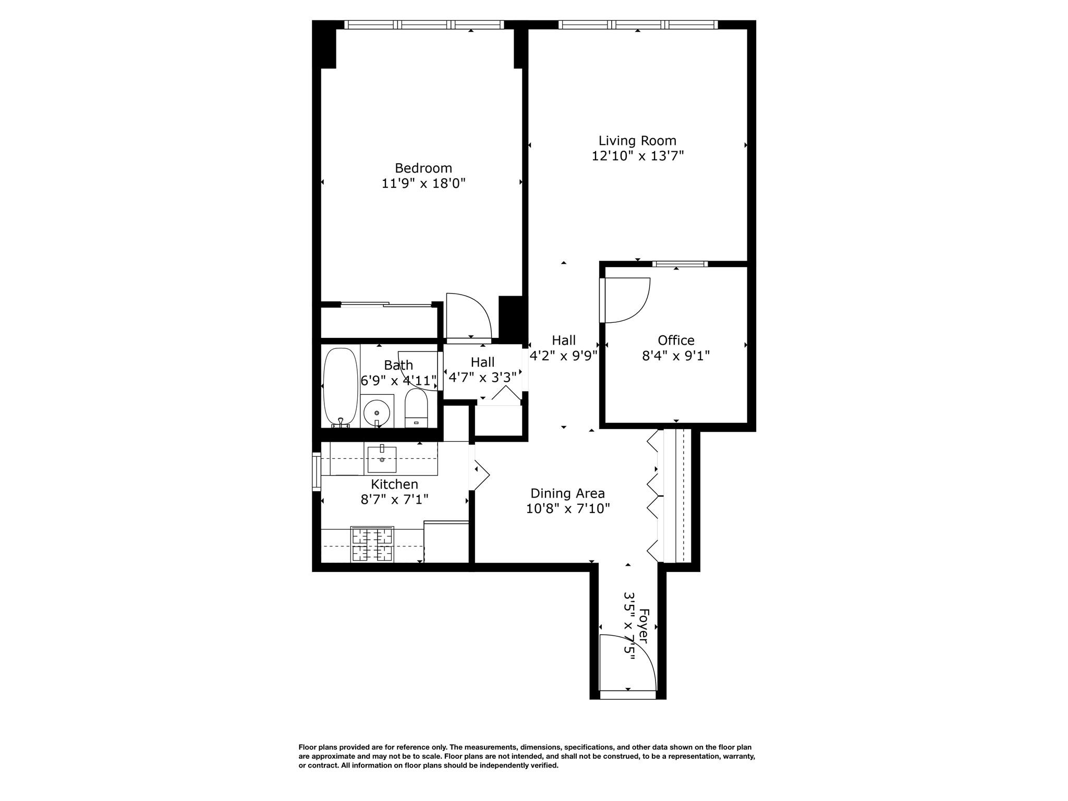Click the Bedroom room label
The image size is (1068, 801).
coord(423,168)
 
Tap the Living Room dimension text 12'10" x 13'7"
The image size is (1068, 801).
coord(637,156)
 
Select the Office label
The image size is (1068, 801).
coord(676,340)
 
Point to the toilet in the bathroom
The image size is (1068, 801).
coord(416,408)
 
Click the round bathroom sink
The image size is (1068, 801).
coord(377,412)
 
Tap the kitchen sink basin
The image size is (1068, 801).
coord(382,459)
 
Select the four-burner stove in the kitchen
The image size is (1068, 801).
coord(372,544)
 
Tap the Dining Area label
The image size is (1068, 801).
coord(567,493)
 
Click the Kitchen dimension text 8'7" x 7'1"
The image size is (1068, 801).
coord(394,500)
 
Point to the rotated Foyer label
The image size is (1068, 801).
coord(644,626)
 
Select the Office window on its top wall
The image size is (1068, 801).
coord(679,264)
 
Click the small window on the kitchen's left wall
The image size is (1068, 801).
coord(316,471)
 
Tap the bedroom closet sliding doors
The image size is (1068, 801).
coord(386,305)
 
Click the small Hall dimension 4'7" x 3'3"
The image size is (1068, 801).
coord(482,377)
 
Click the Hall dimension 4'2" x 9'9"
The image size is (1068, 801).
coord(563,356)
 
